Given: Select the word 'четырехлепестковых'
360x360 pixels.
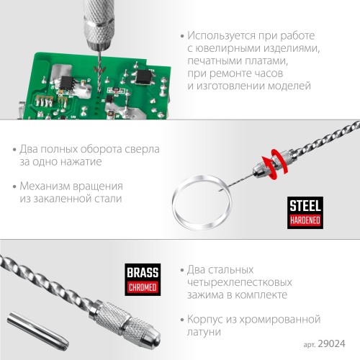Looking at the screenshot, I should click(x=240, y=282).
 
